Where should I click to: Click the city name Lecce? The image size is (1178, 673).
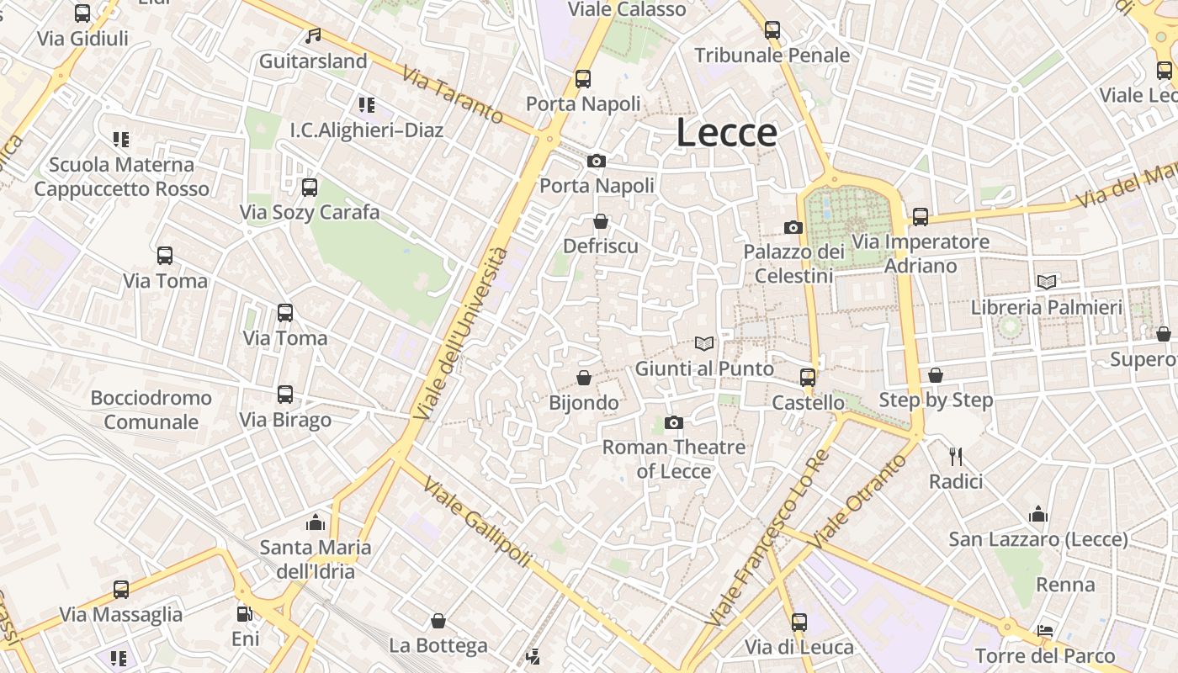[x=726, y=133]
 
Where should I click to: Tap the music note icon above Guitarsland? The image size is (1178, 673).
[x=314, y=36]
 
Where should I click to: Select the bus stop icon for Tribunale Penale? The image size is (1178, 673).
[x=772, y=31]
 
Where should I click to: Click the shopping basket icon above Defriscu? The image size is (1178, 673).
[x=601, y=221]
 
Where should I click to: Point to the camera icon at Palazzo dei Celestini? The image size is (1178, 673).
[x=793, y=227]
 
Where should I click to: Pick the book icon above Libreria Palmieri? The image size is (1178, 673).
[x=1047, y=282]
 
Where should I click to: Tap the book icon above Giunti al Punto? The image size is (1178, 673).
[x=704, y=343]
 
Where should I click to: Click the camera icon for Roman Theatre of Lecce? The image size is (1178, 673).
[x=674, y=422]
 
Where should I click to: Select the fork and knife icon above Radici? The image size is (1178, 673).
[x=956, y=457]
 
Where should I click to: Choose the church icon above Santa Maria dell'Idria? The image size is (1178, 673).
[x=316, y=522]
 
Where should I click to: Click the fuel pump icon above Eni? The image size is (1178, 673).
[x=245, y=615]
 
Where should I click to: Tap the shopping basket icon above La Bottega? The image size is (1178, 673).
[x=438, y=621]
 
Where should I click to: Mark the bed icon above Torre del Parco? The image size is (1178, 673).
[x=1045, y=631]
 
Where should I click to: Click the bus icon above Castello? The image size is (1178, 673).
[x=808, y=377]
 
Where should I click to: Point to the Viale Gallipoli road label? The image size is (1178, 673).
[x=477, y=522]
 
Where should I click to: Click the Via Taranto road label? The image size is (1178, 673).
[x=453, y=95]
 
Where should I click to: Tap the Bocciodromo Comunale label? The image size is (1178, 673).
[x=151, y=410]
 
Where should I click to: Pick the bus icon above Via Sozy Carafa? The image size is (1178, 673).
[x=310, y=187]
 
